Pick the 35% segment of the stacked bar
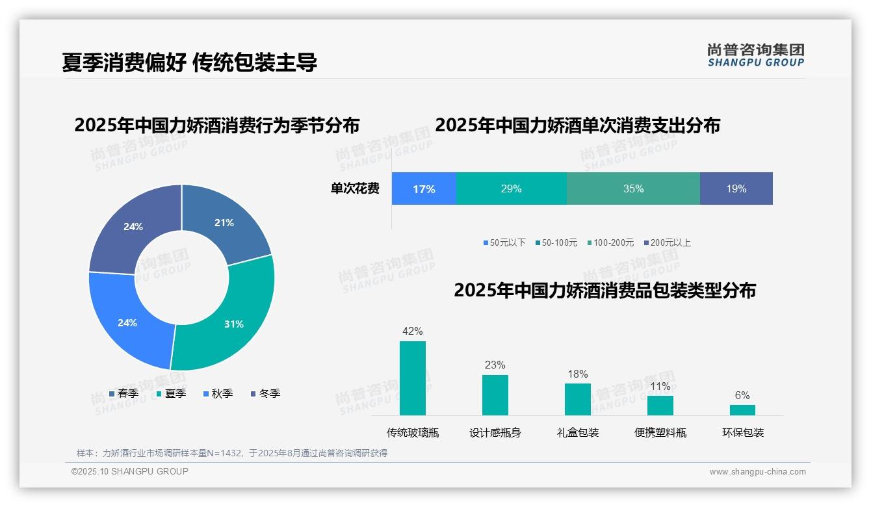tap(633, 188)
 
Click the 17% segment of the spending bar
tap(424, 188)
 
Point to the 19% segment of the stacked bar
tap(736, 188)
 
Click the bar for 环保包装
tap(742, 410)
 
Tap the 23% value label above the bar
tap(495, 365)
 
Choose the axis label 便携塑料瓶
tap(660, 433)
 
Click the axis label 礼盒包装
tap(577, 433)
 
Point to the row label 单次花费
tap(355, 189)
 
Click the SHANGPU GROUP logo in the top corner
tap(755, 55)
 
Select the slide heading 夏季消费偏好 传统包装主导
tap(189, 62)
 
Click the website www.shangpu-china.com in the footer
tap(757, 472)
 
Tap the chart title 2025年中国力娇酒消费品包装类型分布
tap(604, 291)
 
